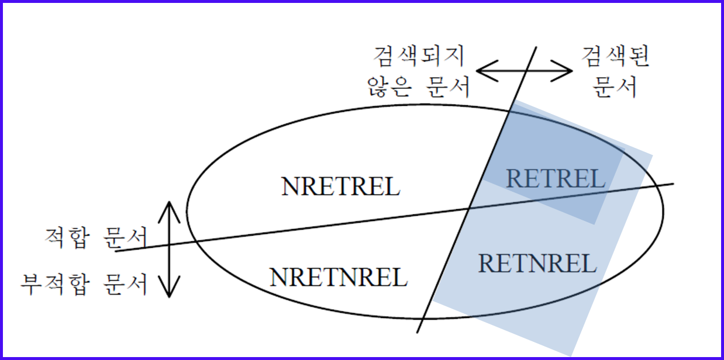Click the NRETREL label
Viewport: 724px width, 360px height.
pyautogui.click(x=340, y=186)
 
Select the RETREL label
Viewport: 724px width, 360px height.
pyautogui.click(x=556, y=178)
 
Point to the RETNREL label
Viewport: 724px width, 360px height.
pyautogui.click(x=537, y=264)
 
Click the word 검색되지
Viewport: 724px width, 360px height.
pyautogui.click(x=419, y=57)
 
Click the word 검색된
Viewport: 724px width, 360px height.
pyautogui.click(x=616, y=57)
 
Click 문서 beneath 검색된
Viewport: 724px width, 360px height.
pyautogui.click(x=616, y=88)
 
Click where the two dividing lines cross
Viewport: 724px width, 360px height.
pyautogui.click(x=470, y=207)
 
